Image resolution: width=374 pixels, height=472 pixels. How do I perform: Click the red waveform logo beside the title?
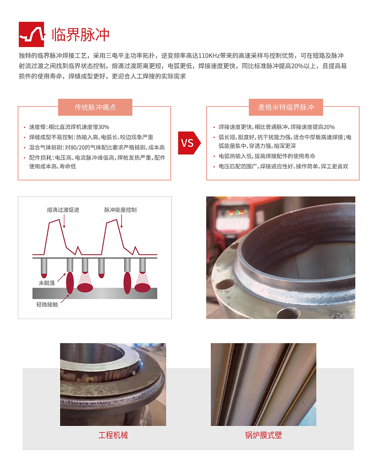[x=31, y=34]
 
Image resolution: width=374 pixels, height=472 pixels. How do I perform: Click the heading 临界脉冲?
[x=80, y=35]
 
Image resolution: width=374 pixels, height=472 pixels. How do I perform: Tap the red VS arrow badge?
[x=189, y=143]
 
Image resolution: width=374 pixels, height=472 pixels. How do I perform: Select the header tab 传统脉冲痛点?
[x=95, y=107]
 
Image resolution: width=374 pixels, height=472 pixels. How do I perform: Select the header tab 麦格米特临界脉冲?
[x=286, y=107]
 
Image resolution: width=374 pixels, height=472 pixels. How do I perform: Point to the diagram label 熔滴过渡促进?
[x=63, y=210]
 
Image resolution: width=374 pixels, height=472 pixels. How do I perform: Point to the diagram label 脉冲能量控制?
[x=120, y=210]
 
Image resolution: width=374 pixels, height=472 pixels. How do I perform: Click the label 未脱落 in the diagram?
[x=47, y=283]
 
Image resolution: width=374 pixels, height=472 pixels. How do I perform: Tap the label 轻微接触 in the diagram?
[x=47, y=304]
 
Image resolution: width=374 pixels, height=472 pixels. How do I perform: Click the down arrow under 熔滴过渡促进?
[x=64, y=221]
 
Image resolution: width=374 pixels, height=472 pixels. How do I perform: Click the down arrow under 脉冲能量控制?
[x=122, y=221]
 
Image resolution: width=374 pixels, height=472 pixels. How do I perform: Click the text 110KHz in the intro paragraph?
[x=209, y=56]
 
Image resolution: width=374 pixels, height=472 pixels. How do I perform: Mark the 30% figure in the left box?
[x=104, y=127]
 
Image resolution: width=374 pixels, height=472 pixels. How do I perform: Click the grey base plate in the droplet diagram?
[x=95, y=293]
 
